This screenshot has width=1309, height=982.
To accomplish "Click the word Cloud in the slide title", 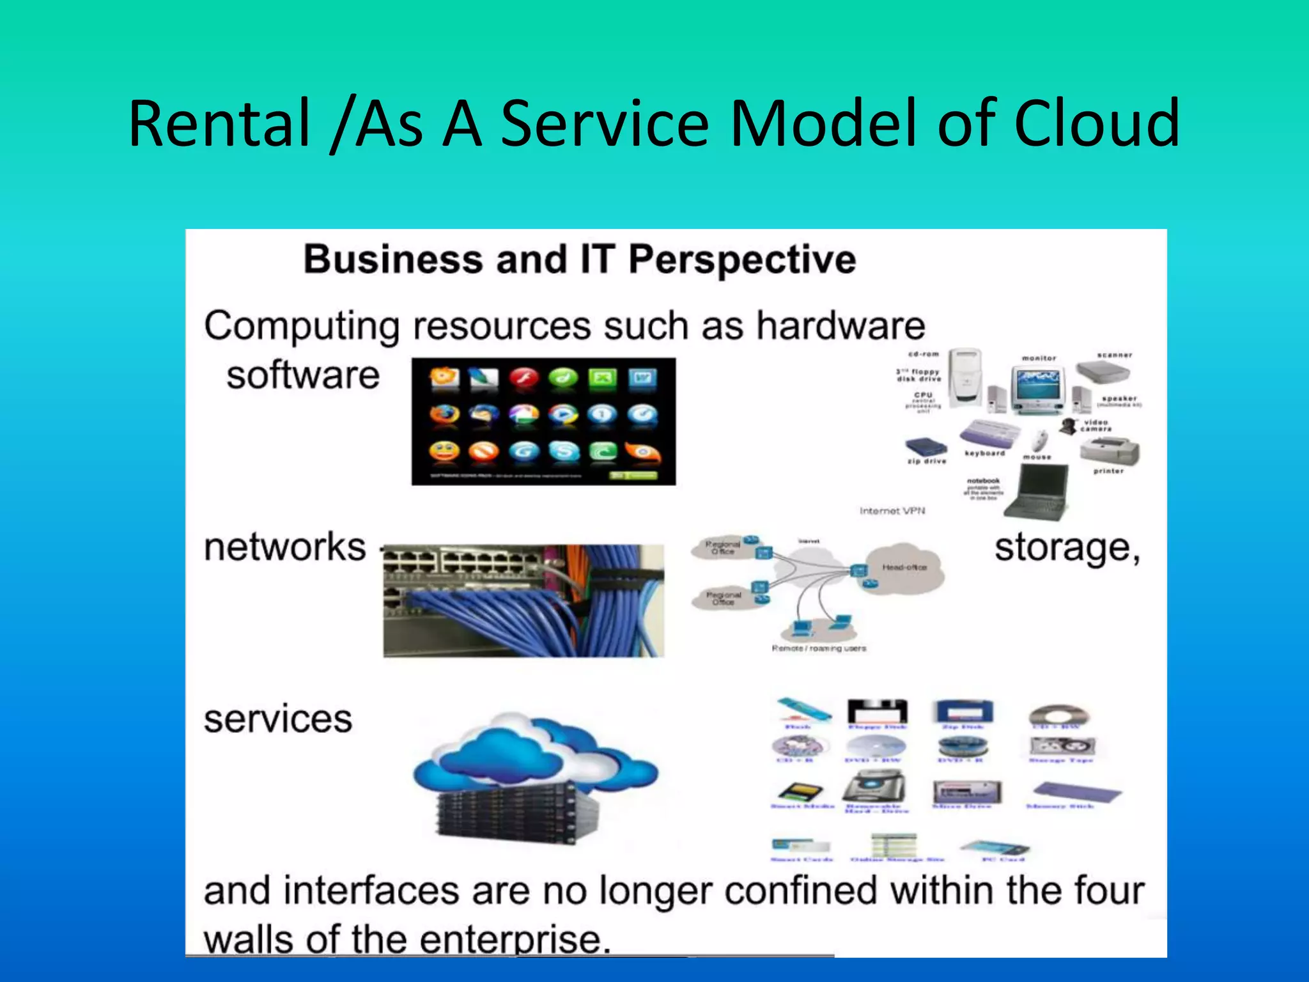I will tap(1096, 123).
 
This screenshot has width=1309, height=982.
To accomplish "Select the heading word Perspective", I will tap(741, 260).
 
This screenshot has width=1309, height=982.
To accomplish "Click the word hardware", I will tap(840, 326).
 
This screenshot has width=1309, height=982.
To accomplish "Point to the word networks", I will tap(284, 548).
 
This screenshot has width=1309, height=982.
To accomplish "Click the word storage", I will tap(1066, 549).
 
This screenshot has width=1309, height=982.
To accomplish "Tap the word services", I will tap(278, 719).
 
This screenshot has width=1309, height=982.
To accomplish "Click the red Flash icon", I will tap(524, 378).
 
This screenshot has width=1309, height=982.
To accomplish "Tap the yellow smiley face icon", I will tap(444, 452).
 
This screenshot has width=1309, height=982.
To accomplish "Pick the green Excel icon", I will tap(602, 378).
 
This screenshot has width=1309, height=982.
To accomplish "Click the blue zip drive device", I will tap(924, 447).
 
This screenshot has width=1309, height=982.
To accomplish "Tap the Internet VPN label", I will tap(892, 511).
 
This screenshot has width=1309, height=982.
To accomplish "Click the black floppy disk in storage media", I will tap(877, 712).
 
